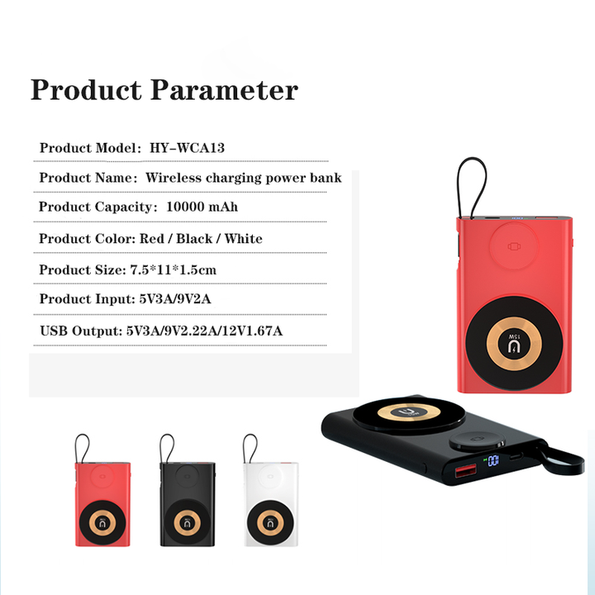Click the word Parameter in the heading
point(224,90)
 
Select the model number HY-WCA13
point(187,148)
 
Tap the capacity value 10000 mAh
point(202,207)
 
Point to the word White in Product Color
point(243,239)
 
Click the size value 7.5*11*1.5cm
point(174,269)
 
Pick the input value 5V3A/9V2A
point(175,299)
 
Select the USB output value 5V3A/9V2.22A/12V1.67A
point(205,331)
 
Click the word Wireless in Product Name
point(174,178)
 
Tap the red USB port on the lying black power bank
point(466,471)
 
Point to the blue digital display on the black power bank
point(493,461)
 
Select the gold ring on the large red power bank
point(514,343)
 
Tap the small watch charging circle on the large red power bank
point(514,246)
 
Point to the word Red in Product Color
point(152,239)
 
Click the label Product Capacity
point(98,207)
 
